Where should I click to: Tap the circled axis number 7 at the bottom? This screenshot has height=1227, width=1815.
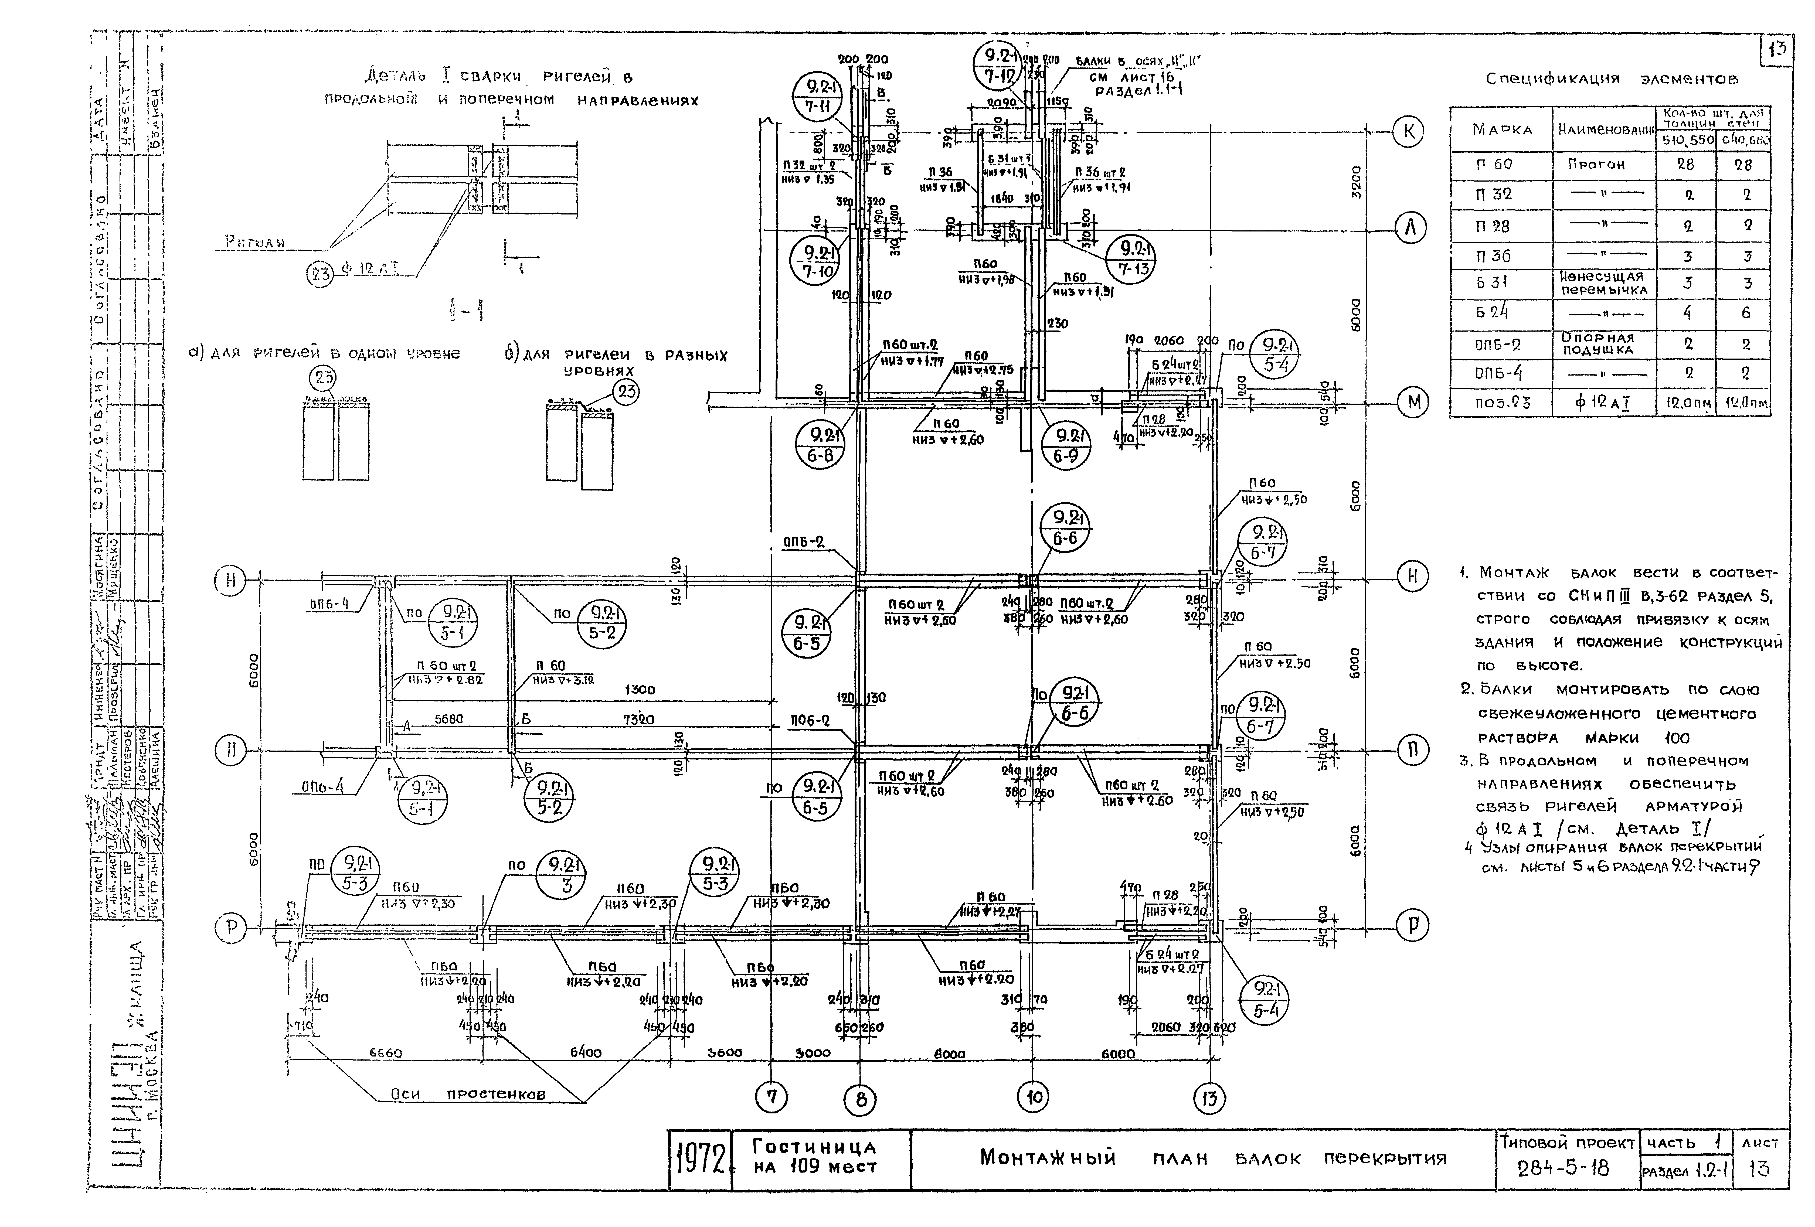tap(771, 1097)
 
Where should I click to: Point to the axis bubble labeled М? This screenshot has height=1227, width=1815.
tap(1413, 402)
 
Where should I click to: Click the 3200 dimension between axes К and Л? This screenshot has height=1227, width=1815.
tap(1357, 181)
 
